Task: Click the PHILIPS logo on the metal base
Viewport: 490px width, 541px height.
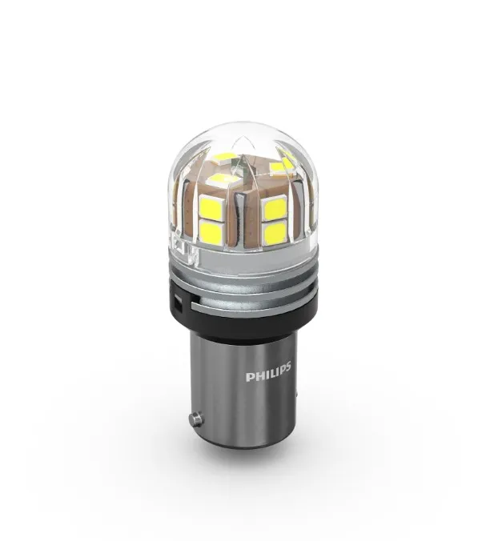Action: [x=268, y=371]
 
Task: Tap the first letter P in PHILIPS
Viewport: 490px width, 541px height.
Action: [x=249, y=377]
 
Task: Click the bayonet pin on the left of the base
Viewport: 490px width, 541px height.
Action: [x=196, y=419]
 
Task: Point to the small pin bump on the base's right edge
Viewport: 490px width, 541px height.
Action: [x=296, y=394]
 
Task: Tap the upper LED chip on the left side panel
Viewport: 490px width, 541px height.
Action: [x=211, y=207]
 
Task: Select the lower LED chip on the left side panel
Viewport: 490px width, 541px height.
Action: [x=211, y=230]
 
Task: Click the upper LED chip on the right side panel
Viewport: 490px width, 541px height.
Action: [x=274, y=208]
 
